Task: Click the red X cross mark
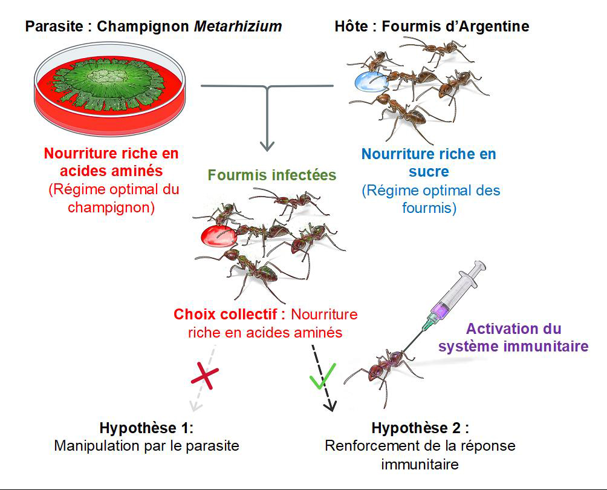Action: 204,377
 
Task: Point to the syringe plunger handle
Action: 480,266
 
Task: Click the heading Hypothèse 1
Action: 146,428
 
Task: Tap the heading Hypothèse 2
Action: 420,428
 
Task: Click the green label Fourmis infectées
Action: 271,175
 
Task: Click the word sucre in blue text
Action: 428,172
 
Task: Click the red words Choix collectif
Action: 229,315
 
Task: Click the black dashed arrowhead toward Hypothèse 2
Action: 329,405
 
